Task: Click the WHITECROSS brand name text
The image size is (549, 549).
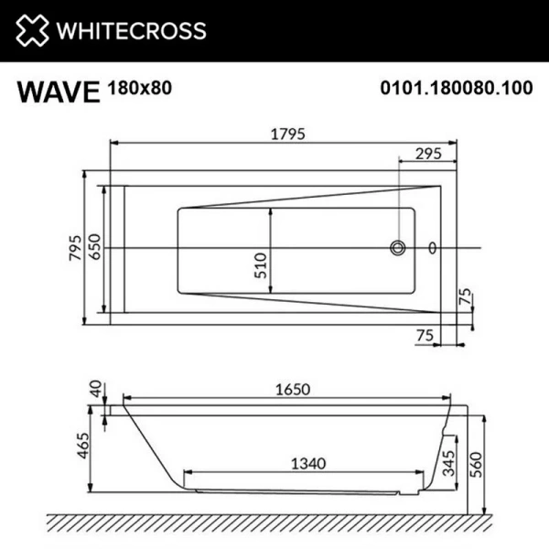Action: pos(133,31)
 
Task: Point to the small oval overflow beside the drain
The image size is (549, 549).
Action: pos(433,247)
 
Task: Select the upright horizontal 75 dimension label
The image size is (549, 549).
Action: pos(424,335)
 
